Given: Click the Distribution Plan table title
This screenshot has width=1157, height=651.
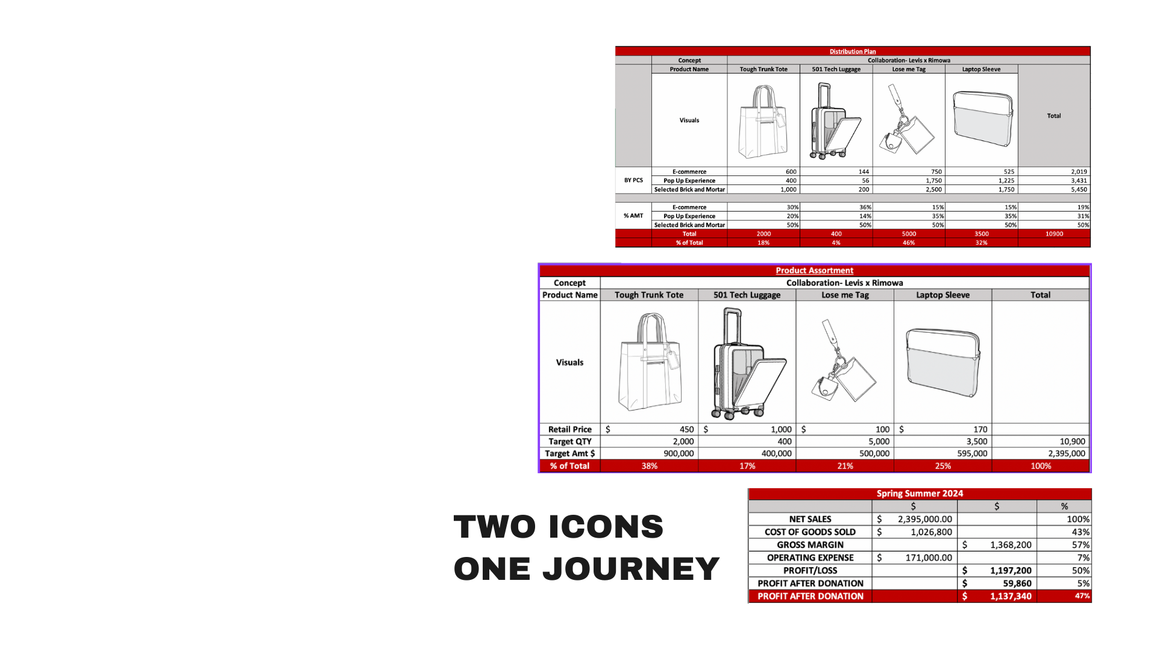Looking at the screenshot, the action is tap(853, 51).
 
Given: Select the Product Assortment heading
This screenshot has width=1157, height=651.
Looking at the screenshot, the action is tap(814, 271).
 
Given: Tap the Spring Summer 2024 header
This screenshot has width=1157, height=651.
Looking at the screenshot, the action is tap(920, 494).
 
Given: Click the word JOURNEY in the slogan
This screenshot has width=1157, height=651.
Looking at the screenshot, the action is tap(631, 568).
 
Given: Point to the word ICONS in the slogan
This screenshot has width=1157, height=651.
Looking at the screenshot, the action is tap(606, 526).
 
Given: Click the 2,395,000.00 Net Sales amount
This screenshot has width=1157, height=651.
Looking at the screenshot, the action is tap(925, 519).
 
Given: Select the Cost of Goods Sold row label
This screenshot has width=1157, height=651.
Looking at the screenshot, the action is tap(810, 532).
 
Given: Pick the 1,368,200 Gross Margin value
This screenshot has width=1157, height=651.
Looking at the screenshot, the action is tap(1011, 545).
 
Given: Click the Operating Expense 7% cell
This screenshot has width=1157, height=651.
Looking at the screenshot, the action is tap(1083, 558).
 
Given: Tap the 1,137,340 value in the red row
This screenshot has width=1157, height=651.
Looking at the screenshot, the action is tap(1011, 596).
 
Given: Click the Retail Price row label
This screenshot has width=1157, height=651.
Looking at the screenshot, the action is tap(570, 429).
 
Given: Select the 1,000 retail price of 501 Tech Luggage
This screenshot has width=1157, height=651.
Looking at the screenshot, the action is tap(781, 429).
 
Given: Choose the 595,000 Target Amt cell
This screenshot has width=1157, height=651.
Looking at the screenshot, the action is tap(972, 453).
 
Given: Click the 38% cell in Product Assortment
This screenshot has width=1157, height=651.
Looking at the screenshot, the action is tap(649, 466).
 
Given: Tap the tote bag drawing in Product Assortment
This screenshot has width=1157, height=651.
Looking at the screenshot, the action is tap(650, 362).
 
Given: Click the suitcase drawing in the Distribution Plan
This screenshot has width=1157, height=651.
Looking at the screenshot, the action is tap(835, 121).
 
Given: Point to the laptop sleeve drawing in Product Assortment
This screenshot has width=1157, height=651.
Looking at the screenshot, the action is tap(943, 362).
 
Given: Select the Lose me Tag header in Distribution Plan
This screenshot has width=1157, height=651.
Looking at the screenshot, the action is tap(909, 69).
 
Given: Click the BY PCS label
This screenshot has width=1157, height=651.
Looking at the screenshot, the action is tap(633, 180).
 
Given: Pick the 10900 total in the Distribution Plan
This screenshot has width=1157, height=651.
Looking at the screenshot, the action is tap(1054, 234).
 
